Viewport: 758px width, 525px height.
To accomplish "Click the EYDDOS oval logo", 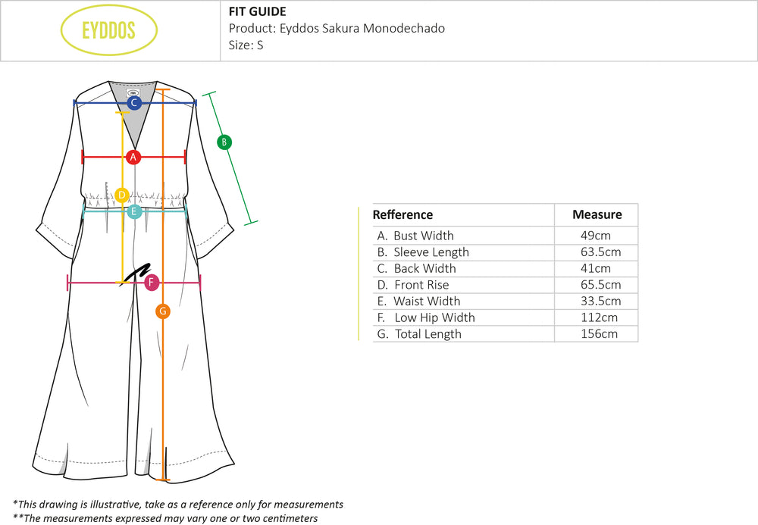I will pyautogui.click(x=108, y=30).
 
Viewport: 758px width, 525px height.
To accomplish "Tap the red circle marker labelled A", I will pyautogui.click(x=133, y=157).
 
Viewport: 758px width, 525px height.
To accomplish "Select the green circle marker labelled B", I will pyautogui.click(x=224, y=142).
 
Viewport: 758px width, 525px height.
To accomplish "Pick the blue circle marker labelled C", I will pyautogui.click(x=134, y=102).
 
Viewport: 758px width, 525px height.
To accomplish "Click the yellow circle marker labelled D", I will pyautogui.click(x=122, y=195).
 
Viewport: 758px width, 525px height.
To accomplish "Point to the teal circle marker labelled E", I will pyautogui.click(x=134, y=211).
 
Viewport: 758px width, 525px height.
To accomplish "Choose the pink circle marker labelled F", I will pyautogui.click(x=152, y=283).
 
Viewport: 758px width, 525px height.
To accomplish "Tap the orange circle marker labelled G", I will pyautogui.click(x=162, y=311).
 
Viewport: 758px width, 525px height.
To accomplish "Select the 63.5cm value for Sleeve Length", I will pyautogui.click(x=600, y=252).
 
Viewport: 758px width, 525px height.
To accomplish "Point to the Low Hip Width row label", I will pyautogui.click(x=426, y=317).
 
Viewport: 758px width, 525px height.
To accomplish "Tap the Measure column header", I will pyautogui.click(x=597, y=214).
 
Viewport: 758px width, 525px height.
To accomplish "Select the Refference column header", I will pyautogui.click(x=402, y=214).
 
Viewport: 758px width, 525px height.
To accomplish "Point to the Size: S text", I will pyautogui.click(x=246, y=45).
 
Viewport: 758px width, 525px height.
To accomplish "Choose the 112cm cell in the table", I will pyautogui.click(x=598, y=317).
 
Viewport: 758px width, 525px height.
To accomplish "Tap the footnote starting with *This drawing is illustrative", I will pyautogui.click(x=178, y=504).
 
